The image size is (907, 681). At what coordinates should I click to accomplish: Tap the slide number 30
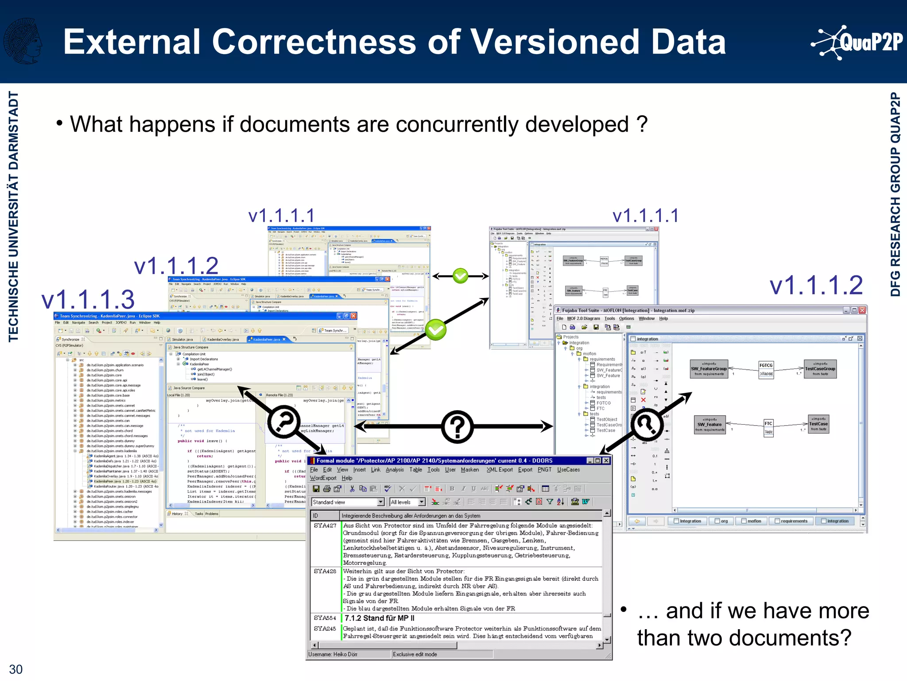pyautogui.click(x=16, y=669)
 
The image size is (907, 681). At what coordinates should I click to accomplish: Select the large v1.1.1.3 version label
pyautogui.click(x=88, y=299)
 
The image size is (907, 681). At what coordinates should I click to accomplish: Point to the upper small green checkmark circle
pyautogui.click(x=461, y=276)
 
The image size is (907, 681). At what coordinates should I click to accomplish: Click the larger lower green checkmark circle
pyautogui.click(x=436, y=329)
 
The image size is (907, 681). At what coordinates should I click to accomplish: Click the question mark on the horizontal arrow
pyautogui.click(x=457, y=427)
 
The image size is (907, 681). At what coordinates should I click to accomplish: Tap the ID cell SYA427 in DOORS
pyautogui.click(x=325, y=525)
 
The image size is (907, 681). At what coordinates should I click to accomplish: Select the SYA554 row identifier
pyautogui.click(x=325, y=618)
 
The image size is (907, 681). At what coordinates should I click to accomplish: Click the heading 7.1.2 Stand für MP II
pyautogui.click(x=380, y=618)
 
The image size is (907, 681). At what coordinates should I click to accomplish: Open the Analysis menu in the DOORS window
pyautogui.click(x=395, y=470)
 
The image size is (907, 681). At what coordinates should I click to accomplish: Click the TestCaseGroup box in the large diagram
pyautogui.click(x=820, y=369)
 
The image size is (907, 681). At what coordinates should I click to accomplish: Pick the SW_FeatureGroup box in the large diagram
pyautogui.click(x=709, y=369)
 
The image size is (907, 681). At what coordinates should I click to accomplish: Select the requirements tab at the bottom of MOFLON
pyautogui.click(x=791, y=521)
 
